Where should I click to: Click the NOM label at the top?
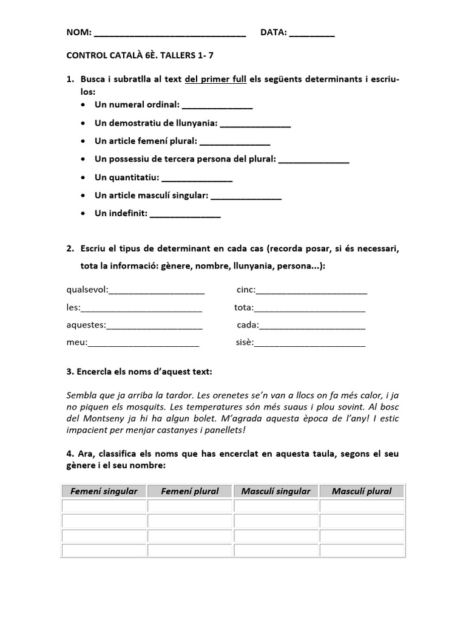pyautogui.click(x=78, y=32)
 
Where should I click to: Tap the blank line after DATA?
pyautogui.click(x=312, y=34)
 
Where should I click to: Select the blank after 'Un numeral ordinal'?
pyautogui.click(x=217, y=106)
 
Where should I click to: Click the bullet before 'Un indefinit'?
pyautogui.click(x=83, y=213)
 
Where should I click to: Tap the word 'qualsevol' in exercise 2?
pyautogui.click(x=87, y=290)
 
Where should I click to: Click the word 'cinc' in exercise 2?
pyautogui.click(x=246, y=290)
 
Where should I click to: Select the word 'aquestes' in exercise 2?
pyautogui.click(x=86, y=325)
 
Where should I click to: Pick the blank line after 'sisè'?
pyautogui.click(x=309, y=344)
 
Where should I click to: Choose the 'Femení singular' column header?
pyautogui.click(x=104, y=491)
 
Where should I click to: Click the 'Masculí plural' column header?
pyautogui.click(x=362, y=491)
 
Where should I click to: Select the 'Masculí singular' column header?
pyautogui.click(x=275, y=491)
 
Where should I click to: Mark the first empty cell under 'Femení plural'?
pyautogui.click(x=190, y=505)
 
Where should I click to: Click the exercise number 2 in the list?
pyautogui.click(x=70, y=248)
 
